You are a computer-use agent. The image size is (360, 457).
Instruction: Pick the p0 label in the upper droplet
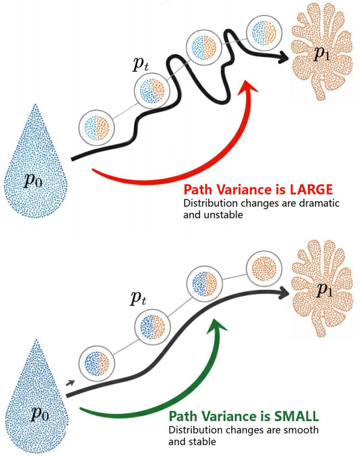(34, 180)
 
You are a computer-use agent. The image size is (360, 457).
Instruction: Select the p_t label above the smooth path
(140, 298)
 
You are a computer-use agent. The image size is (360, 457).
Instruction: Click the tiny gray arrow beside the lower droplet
(71, 382)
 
